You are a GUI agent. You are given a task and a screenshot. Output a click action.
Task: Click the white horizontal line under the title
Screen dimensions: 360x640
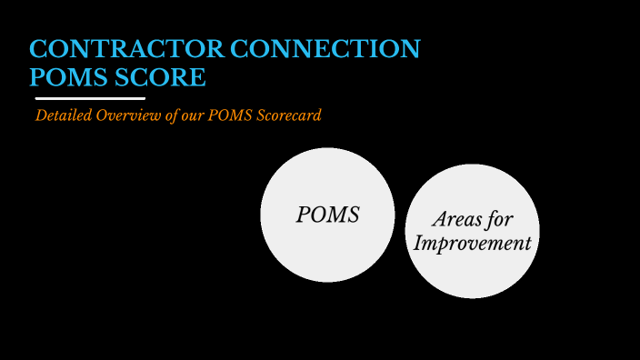pos(90,97)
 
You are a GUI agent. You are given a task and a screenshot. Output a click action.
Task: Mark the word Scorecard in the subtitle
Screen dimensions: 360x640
pos(290,116)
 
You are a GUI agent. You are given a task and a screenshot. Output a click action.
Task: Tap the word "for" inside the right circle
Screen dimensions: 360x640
pos(501,220)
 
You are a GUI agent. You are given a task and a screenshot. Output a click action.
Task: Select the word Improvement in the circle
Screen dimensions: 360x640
pos(472,244)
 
